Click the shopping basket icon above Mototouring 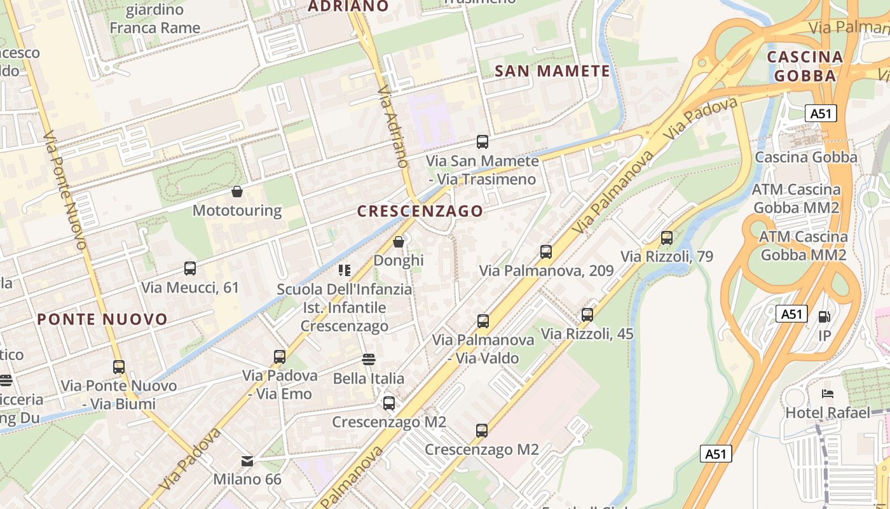(237, 192)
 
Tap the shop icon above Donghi (399, 242)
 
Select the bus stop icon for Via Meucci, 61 (190, 268)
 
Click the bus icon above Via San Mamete (483, 142)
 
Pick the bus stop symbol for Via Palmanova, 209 (546, 252)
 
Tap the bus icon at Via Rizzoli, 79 (667, 238)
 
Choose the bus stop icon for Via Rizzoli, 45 (587, 315)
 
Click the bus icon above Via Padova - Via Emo (280, 357)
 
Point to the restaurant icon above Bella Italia (369, 359)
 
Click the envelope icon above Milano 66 (247, 461)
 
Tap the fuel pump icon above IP (825, 316)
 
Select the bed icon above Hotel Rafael (828, 394)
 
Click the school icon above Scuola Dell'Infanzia (345, 270)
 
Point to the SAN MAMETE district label (552, 71)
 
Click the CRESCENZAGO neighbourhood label (420, 211)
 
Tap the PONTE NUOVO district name (102, 319)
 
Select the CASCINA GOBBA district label (805, 66)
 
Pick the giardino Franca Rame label (155, 19)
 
